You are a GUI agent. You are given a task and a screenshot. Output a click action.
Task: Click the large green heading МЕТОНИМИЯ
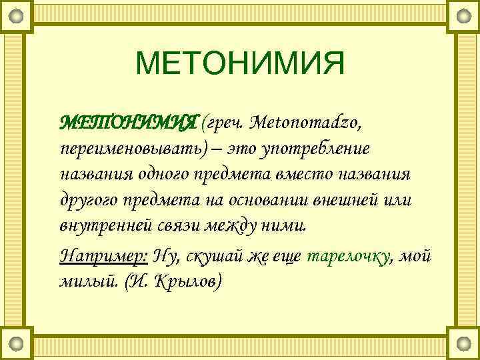pyautogui.click(x=240, y=65)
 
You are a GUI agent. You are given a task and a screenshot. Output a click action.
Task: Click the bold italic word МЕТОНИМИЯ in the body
pyautogui.click(x=129, y=123)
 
